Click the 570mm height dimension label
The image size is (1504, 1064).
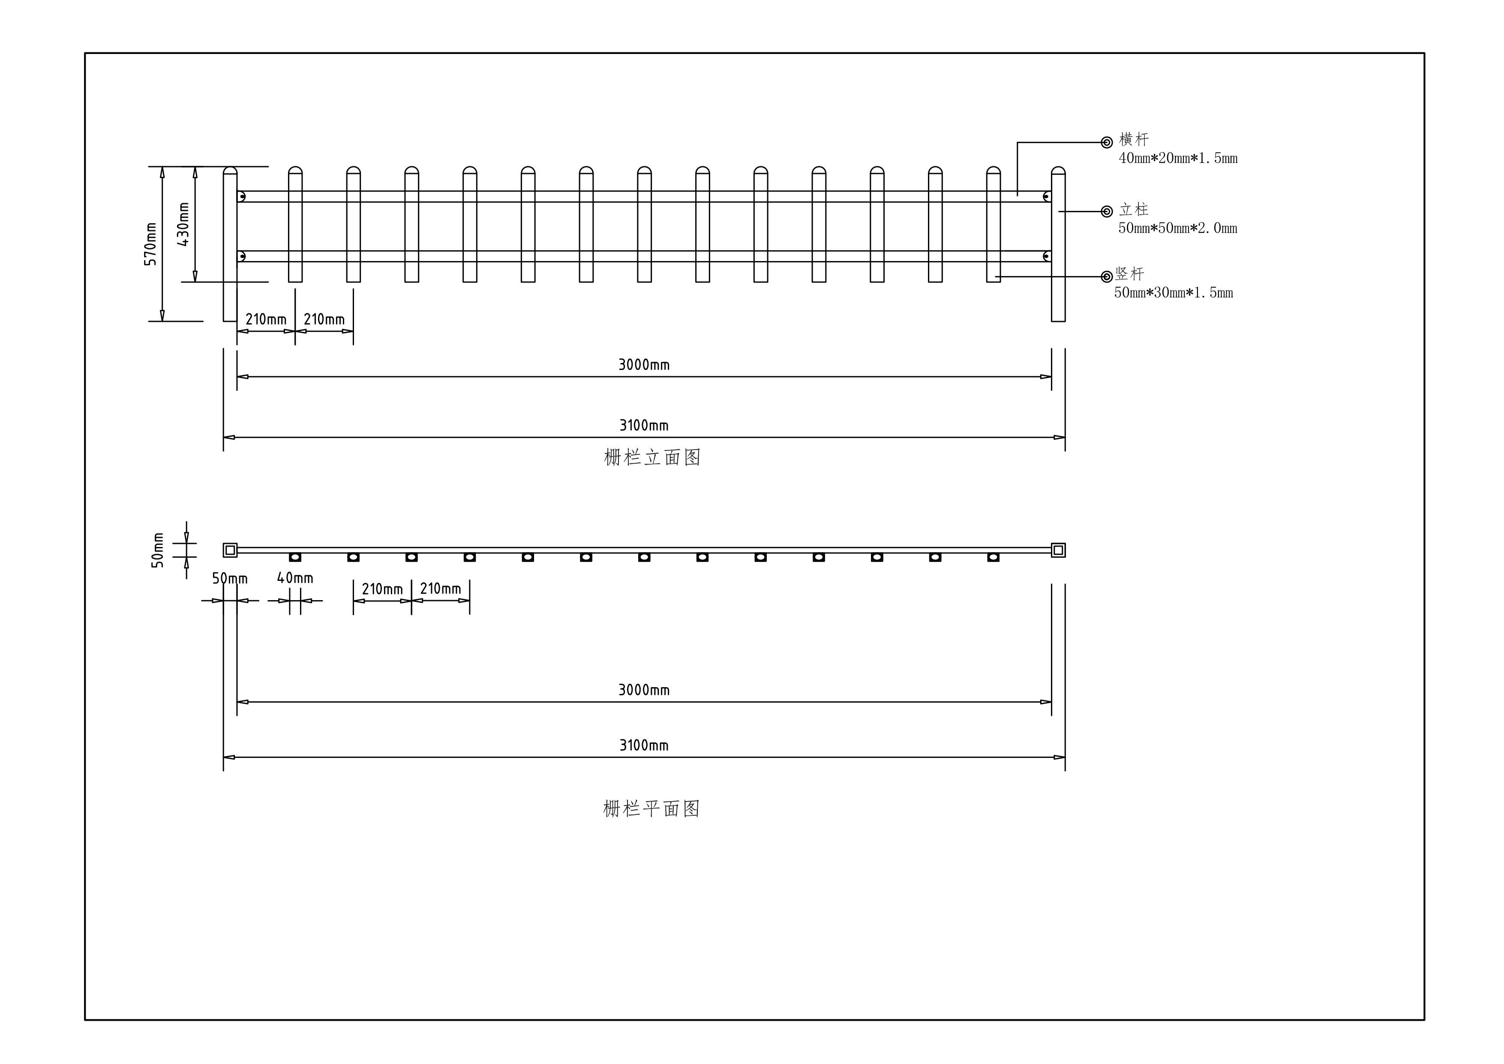click(151, 244)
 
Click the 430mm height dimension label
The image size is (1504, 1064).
click(183, 224)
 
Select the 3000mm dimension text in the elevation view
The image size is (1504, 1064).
click(644, 365)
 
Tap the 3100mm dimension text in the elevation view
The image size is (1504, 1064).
click(644, 426)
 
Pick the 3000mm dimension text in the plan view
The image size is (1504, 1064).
click(644, 690)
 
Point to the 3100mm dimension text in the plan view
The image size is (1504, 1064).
click(644, 745)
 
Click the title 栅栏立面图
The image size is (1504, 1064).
click(652, 457)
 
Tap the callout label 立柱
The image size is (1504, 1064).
click(1134, 210)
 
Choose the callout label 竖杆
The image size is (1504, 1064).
click(1130, 274)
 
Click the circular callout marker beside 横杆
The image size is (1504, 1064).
click(1106, 142)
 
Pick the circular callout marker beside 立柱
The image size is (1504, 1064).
click(1106, 212)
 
